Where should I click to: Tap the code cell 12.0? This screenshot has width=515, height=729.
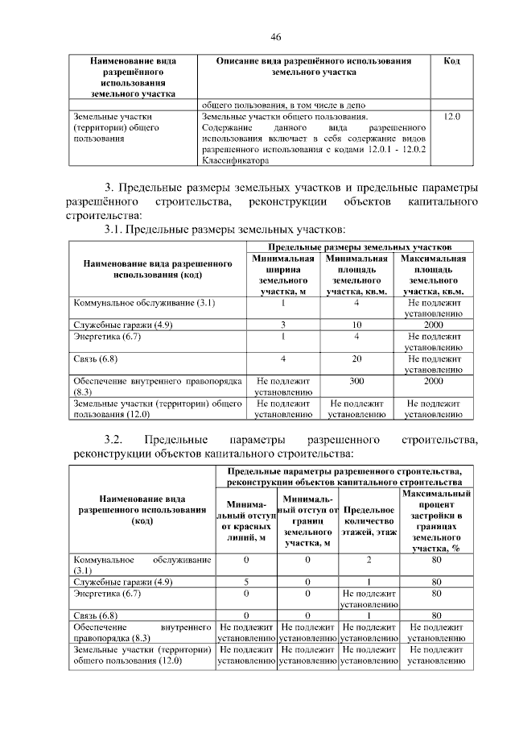[451, 117]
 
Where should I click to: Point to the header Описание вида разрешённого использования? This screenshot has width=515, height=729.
[315, 66]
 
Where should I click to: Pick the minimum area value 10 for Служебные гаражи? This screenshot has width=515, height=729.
[355, 324]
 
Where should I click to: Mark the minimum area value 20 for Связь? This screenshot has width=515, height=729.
[355, 358]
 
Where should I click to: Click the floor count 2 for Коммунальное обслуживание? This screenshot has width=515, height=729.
[368, 559]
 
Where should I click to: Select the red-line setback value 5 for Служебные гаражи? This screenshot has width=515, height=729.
[245, 582]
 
